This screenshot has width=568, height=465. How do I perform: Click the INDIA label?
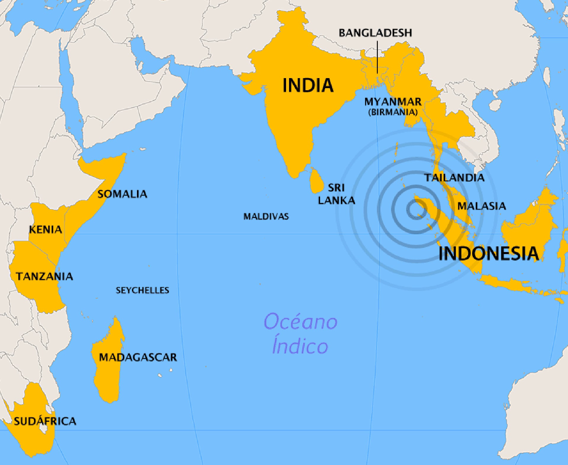(x=308, y=85)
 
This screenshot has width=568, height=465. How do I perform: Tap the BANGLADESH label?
(x=375, y=33)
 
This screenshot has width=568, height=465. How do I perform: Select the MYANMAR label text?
(x=393, y=102)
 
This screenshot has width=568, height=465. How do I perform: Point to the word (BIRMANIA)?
(x=393, y=112)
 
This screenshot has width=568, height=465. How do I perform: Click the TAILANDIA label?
(x=454, y=178)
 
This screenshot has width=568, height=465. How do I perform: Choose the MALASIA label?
(x=481, y=206)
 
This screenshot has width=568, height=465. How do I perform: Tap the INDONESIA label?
(x=488, y=254)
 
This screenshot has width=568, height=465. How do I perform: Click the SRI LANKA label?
(x=336, y=194)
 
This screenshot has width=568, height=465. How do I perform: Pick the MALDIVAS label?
(x=266, y=217)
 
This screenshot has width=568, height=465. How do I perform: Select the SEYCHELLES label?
(x=142, y=290)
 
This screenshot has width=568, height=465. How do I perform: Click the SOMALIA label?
(x=122, y=194)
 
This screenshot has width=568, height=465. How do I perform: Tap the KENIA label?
(x=46, y=230)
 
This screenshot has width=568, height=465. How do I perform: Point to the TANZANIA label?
(x=44, y=276)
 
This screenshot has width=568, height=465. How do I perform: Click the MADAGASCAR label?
(x=138, y=357)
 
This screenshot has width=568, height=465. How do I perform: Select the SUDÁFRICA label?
(x=45, y=421)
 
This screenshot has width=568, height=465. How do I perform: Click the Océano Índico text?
(x=300, y=334)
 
